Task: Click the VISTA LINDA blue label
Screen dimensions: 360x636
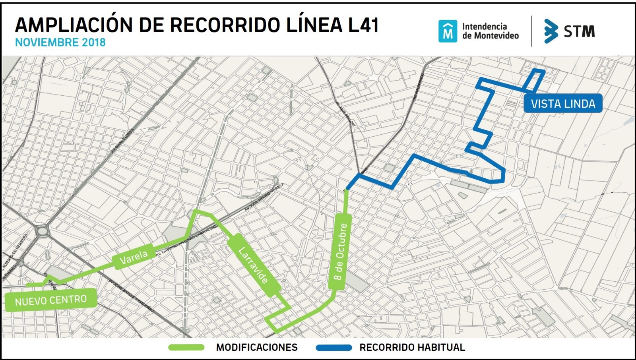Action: [x=563, y=104]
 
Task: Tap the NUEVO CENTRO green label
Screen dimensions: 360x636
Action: [x=50, y=300]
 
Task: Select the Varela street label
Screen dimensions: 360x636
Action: [x=134, y=257]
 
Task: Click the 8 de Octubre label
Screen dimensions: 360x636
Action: [x=340, y=252]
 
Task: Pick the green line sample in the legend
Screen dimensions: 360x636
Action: [x=186, y=348]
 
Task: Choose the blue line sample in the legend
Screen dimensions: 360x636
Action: [x=334, y=348]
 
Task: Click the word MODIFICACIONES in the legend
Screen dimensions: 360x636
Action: [x=257, y=348]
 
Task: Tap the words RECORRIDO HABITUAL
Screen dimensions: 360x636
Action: [x=412, y=348]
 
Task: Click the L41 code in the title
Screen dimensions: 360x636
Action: [x=363, y=25]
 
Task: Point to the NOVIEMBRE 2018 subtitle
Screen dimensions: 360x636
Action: [x=60, y=43]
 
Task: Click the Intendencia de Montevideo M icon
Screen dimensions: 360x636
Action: [x=448, y=31]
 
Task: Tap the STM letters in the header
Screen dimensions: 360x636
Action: [x=579, y=31]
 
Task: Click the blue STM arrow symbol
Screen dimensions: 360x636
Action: [x=551, y=31]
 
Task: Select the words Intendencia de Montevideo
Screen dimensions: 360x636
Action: [x=490, y=31]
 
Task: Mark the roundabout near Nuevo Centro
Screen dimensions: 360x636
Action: [x=41, y=230]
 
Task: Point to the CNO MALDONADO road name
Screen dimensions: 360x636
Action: [x=418, y=87]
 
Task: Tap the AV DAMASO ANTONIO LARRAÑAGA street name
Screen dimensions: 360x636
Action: [x=187, y=241]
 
